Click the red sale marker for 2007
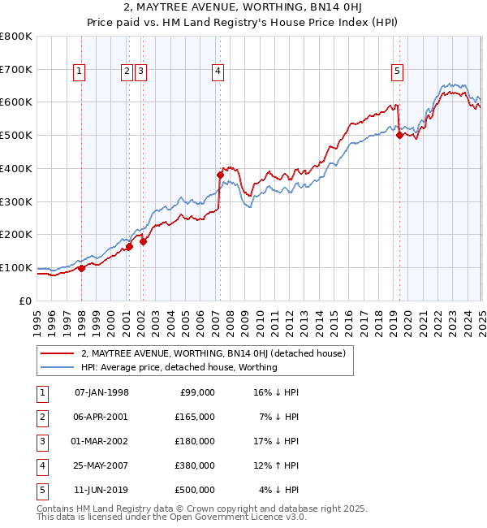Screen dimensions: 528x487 [220, 175]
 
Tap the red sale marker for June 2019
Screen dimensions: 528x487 [399, 136]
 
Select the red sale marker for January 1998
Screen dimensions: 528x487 [81, 268]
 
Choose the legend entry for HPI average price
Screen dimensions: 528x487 [179, 367]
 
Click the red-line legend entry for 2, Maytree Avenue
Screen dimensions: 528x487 [213, 353]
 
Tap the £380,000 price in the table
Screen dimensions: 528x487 [194, 465]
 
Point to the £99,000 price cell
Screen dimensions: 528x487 [196, 392]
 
